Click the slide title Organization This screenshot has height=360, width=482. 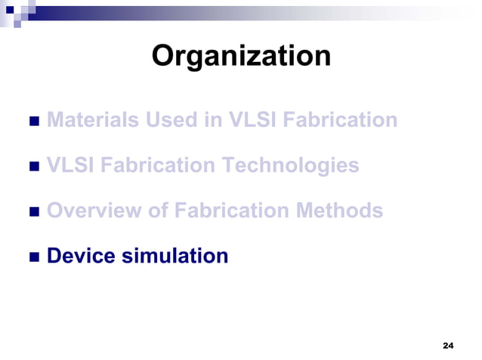tap(241, 57)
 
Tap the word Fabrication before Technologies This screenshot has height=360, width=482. tap(159, 165)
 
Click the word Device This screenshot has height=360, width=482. tap(79, 256)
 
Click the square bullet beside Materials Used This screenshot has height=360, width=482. tap(33, 122)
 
